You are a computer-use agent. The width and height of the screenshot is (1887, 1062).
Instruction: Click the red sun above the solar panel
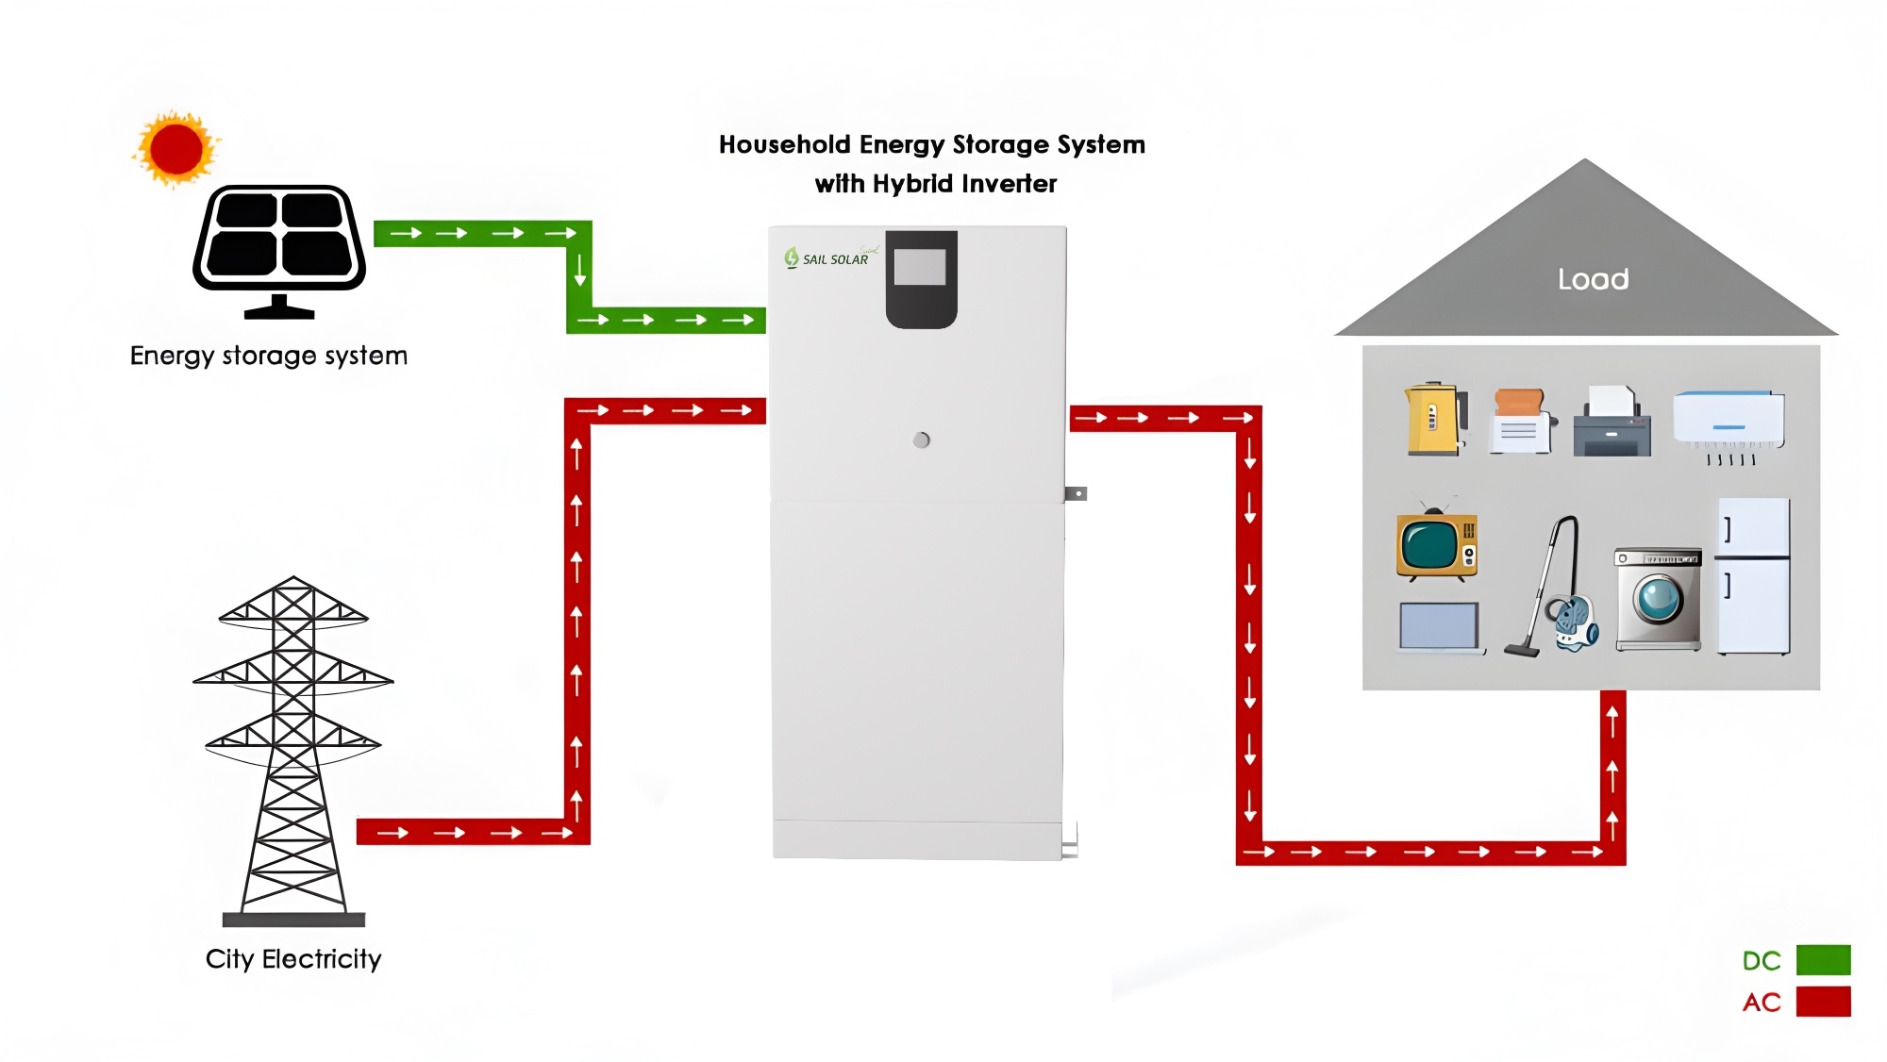176,149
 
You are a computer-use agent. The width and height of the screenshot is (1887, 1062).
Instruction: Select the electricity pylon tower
293,745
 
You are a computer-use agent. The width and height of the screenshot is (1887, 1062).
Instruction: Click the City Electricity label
293,959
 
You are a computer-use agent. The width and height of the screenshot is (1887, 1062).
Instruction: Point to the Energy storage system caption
269,356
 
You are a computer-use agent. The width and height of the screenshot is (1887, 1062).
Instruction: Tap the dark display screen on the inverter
921,278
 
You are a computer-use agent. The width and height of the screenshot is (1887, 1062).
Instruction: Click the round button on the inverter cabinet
922,440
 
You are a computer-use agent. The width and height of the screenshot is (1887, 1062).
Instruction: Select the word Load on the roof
1593,279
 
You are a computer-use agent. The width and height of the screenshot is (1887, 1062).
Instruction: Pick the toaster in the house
1520,422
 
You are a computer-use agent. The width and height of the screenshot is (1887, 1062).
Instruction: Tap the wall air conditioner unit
1728,421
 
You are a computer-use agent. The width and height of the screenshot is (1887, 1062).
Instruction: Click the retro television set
1437,544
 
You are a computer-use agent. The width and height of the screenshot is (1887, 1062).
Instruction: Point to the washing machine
1658,599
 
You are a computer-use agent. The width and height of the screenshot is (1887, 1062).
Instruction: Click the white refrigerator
1753,576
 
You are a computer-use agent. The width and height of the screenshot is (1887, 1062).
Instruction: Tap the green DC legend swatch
1823,960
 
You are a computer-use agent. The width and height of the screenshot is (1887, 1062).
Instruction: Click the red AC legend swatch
1823,1002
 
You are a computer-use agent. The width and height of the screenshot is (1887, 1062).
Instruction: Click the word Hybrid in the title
912,184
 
